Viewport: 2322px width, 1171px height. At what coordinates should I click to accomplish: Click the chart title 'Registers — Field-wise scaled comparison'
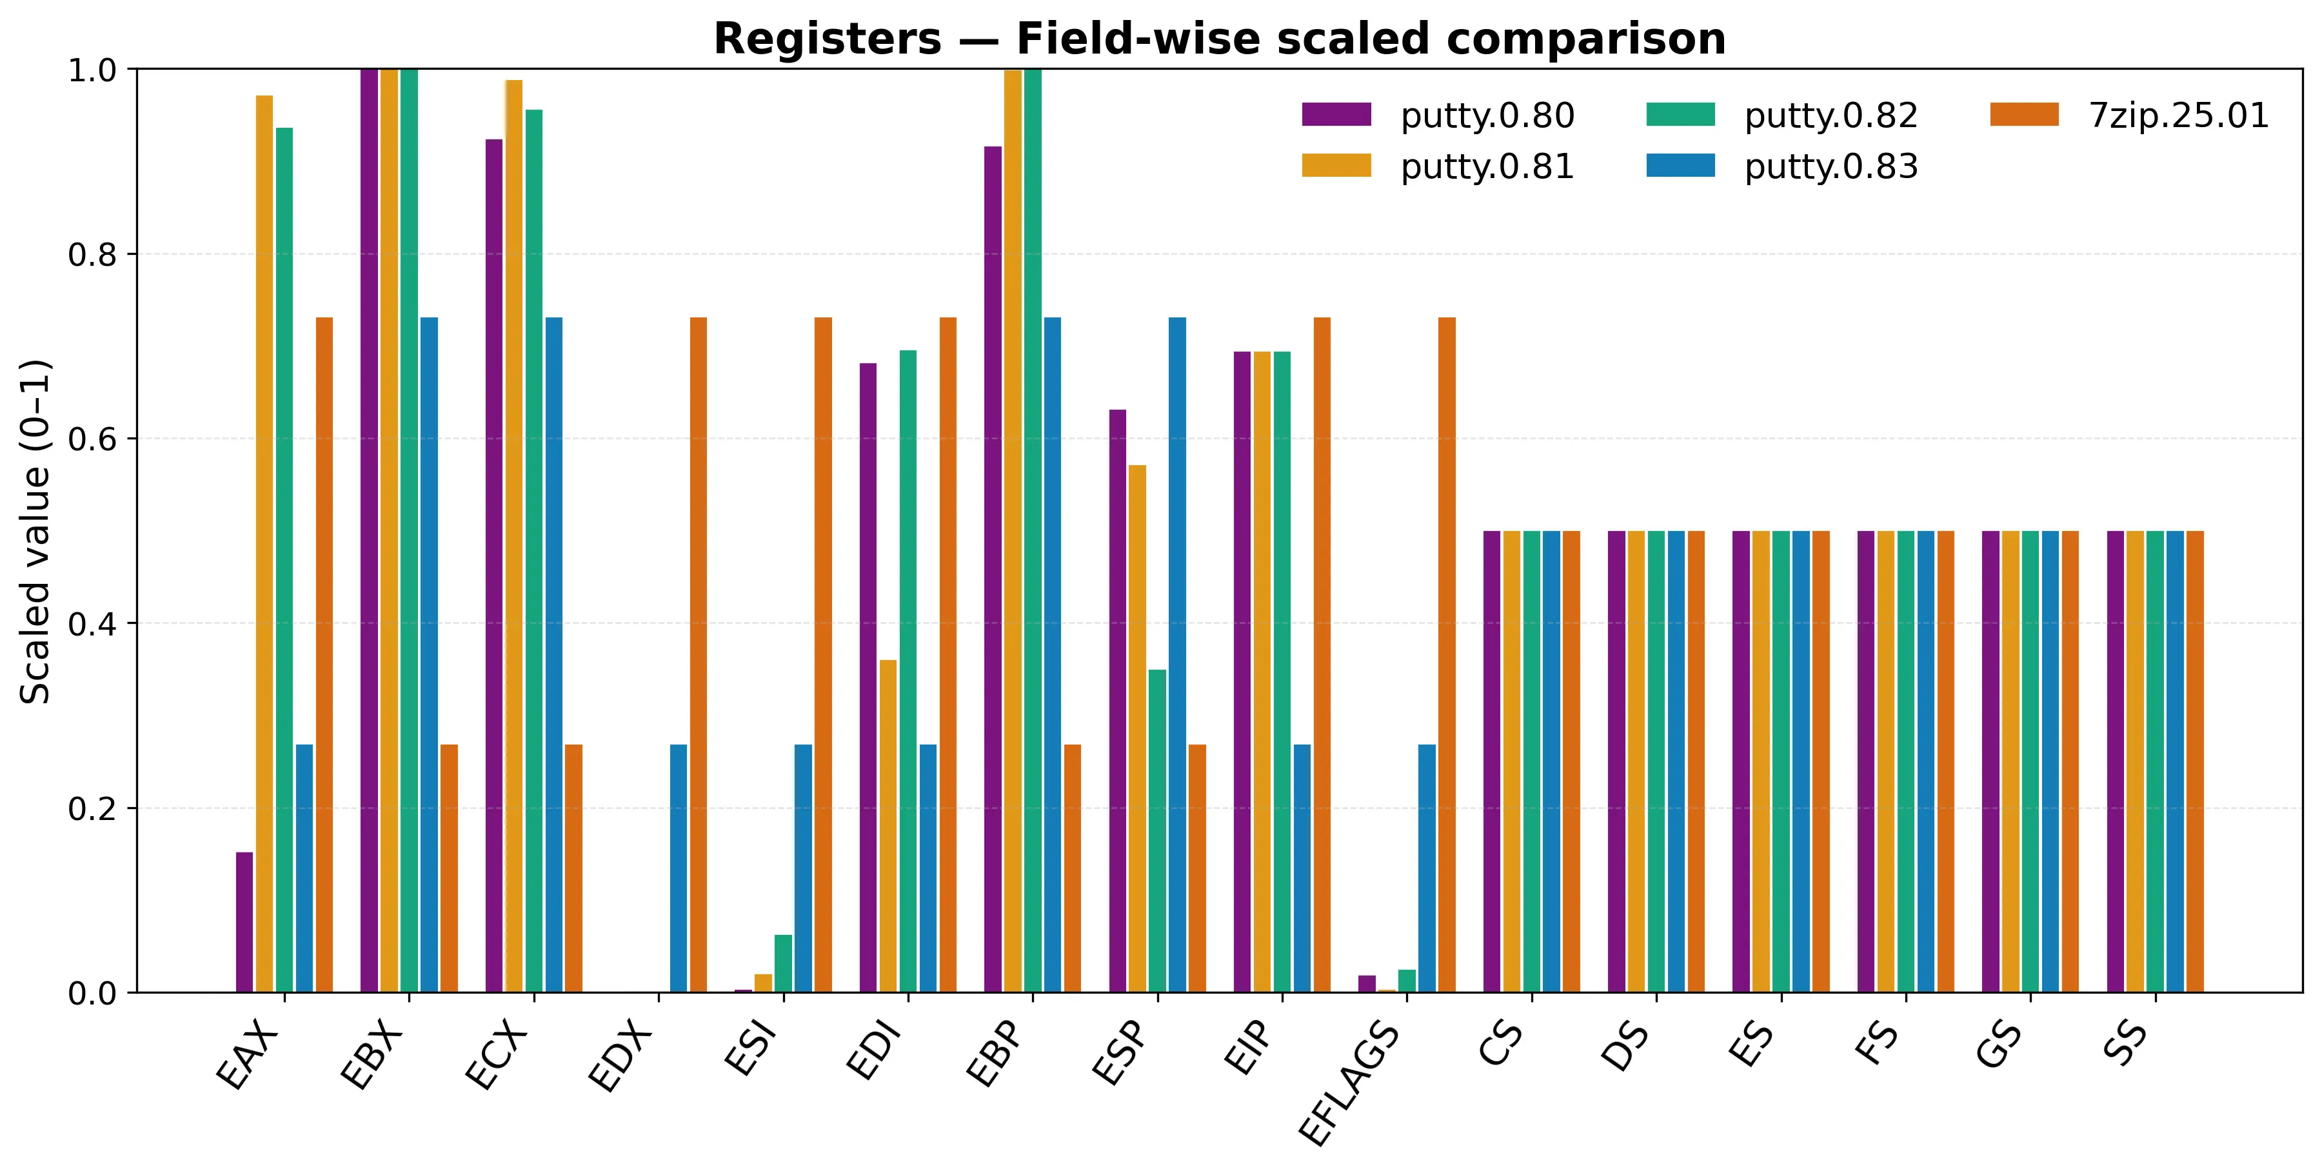[1218, 39]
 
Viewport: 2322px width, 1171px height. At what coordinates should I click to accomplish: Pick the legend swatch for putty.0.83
[1680, 166]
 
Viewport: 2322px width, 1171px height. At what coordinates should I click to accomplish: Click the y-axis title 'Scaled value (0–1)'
[36, 532]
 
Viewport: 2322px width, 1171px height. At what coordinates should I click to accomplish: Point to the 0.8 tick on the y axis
[92, 255]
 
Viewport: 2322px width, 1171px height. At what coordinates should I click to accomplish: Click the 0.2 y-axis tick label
[92, 808]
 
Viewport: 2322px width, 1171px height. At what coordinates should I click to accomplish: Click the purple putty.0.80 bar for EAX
[244, 921]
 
